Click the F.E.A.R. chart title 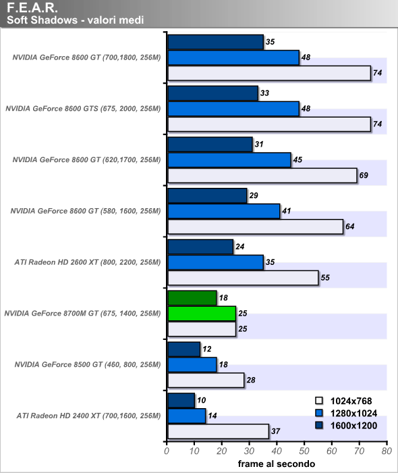point(32,7)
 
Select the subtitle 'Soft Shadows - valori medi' point(76,20)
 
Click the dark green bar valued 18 point(192,298)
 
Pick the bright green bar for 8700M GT point(202,314)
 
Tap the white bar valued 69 point(262,176)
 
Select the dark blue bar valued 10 point(181,400)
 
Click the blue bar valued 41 point(224,211)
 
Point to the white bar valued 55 point(243,278)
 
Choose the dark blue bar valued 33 point(213,93)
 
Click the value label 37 point(275,431)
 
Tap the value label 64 point(349,226)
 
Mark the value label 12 point(207,349)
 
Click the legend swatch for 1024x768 point(319,401)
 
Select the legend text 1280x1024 point(353,414)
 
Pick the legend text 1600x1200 point(353,426)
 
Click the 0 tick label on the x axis point(167,451)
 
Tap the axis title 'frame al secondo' point(277,464)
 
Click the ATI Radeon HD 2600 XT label point(88,262)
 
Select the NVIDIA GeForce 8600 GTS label point(83,109)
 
